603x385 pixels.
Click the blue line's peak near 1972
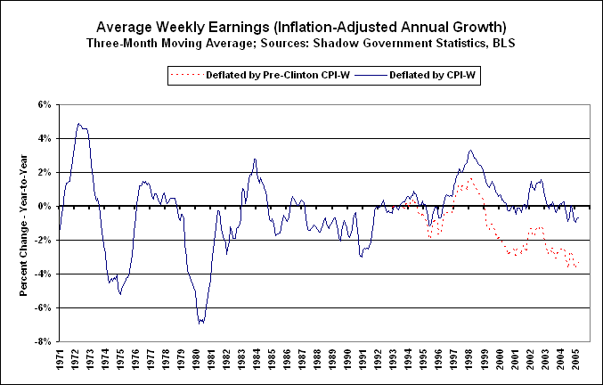click(x=79, y=124)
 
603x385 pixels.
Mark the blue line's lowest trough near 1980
click(x=200, y=324)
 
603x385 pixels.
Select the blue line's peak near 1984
click(x=255, y=160)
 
